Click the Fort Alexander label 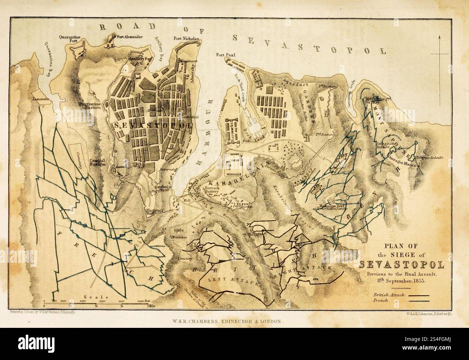pos(126,37)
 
